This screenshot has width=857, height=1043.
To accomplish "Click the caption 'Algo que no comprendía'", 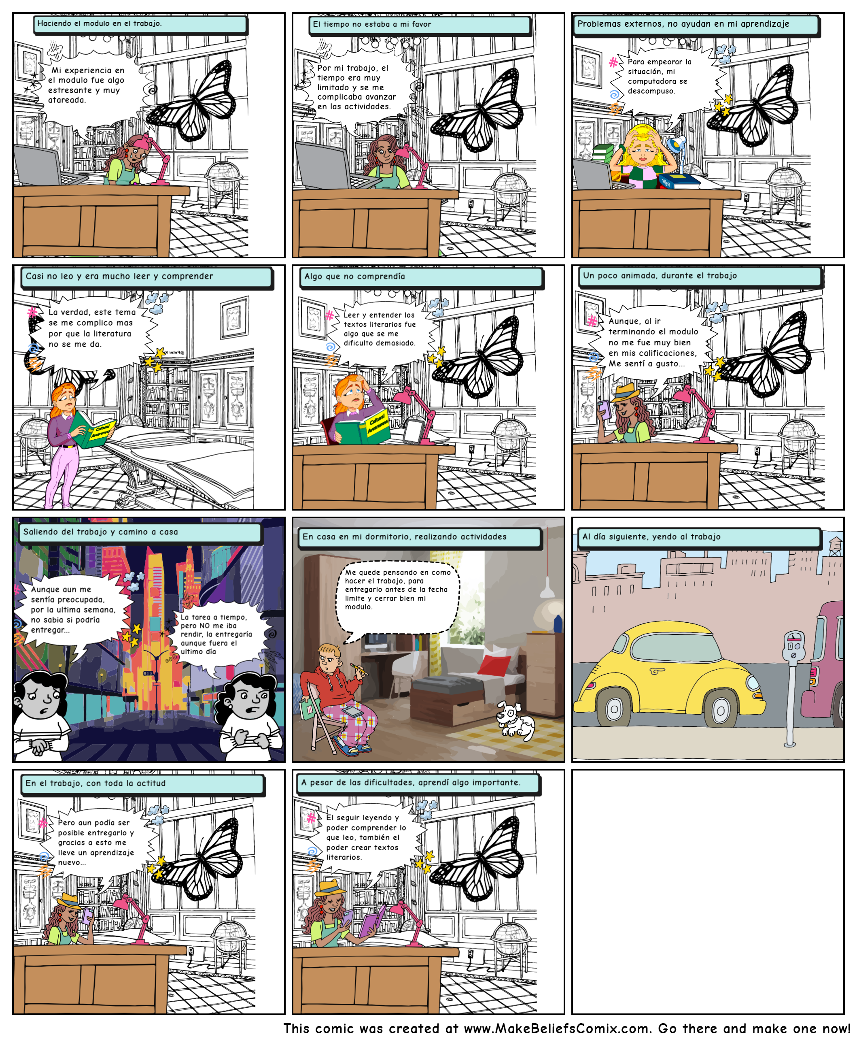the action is click(354, 277).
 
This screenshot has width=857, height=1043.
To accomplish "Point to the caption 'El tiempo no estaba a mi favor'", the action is click(372, 24).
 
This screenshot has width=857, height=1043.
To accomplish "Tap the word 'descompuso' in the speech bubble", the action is click(651, 92).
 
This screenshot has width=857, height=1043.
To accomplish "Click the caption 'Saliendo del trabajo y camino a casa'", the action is click(101, 532).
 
